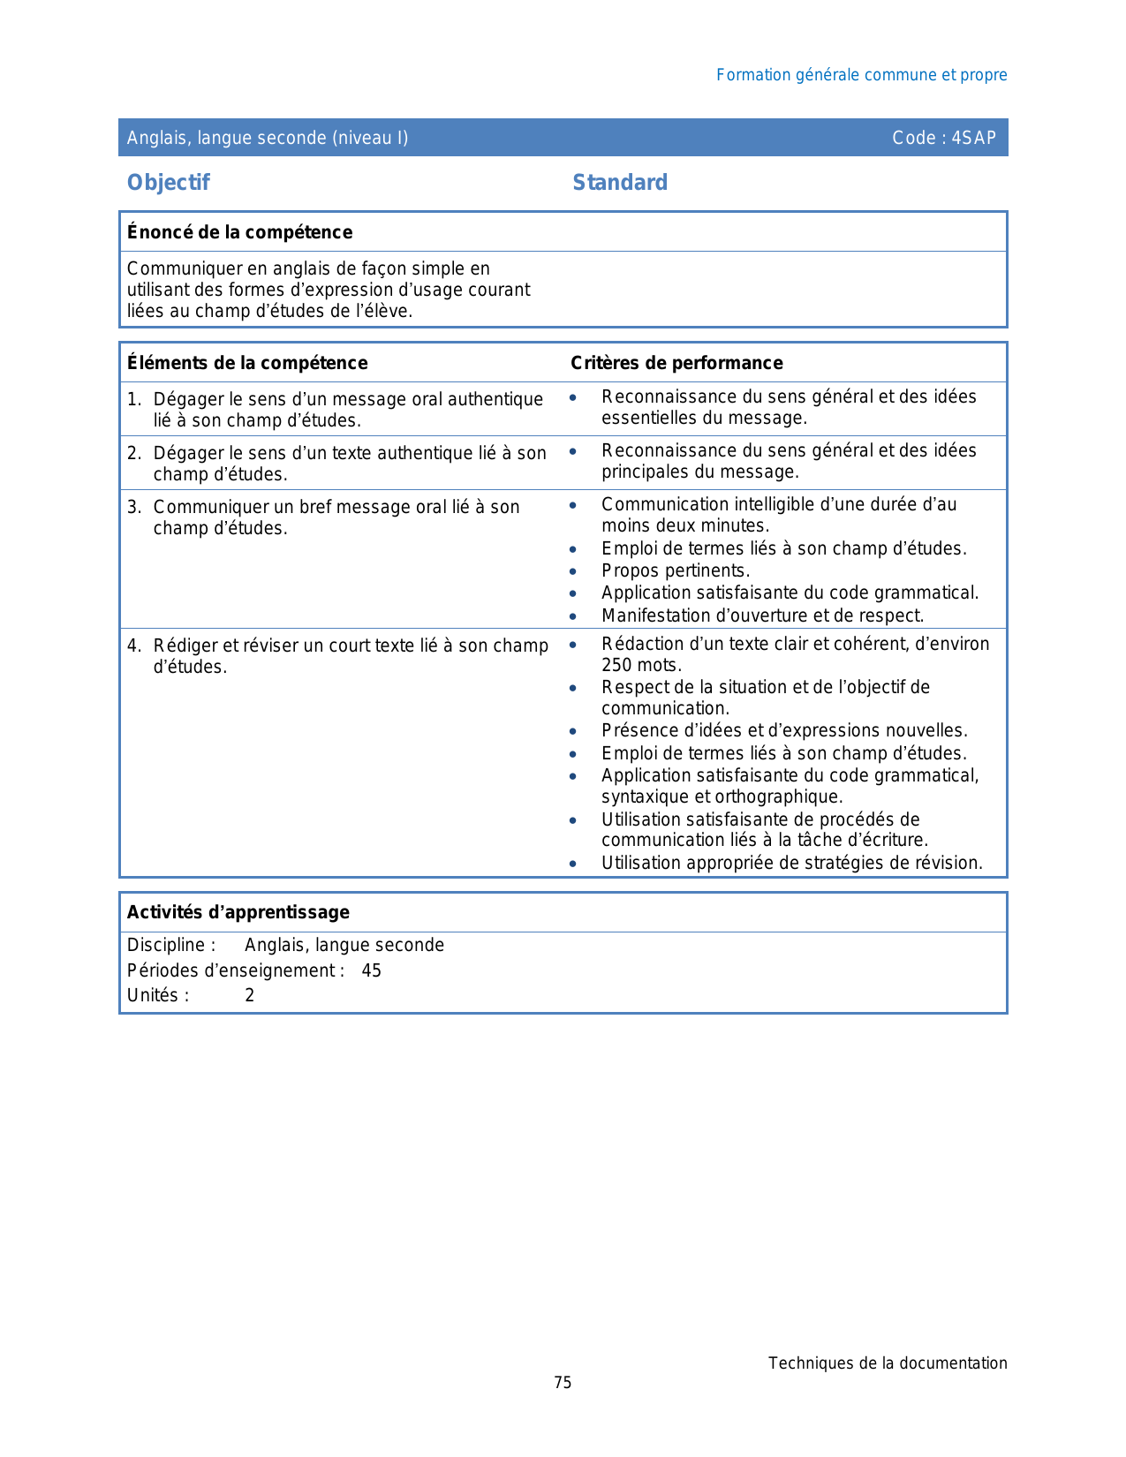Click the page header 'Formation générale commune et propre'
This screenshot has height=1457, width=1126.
[x=861, y=75]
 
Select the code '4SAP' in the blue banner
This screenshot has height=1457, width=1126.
[x=974, y=138]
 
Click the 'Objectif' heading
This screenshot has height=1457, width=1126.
[x=169, y=183]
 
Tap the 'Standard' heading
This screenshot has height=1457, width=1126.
[x=620, y=183]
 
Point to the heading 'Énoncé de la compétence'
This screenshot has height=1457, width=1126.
[x=239, y=232]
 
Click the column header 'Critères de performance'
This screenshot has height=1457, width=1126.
[x=676, y=363]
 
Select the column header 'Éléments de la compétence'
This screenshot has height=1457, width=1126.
[x=247, y=363]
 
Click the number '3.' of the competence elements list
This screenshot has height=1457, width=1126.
[x=134, y=507]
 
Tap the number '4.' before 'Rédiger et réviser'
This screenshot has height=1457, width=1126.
[x=134, y=645]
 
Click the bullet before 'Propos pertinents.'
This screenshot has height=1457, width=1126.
[x=573, y=571]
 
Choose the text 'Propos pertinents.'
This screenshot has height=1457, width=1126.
[x=676, y=571]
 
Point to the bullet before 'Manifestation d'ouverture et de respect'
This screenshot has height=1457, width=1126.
[x=573, y=616]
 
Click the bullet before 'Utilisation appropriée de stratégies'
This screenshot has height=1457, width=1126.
[x=573, y=864]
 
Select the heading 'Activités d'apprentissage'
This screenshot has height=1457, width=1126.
[x=238, y=912]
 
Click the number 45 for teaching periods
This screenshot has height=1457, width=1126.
[x=372, y=970]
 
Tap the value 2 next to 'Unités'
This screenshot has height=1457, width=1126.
[x=250, y=995]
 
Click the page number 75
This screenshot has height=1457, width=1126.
[x=563, y=1383]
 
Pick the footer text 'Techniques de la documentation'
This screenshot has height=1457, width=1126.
[x=888, y=1363]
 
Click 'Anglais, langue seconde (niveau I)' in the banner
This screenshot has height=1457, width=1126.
[x=268, y=138]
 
